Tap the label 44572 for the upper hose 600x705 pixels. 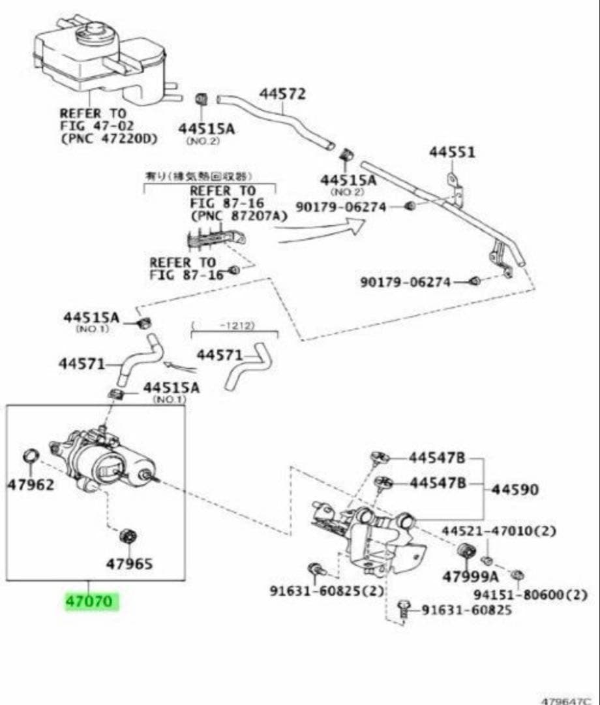pyautogui.click(x=282, y=94)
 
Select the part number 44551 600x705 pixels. pyautogui.click(x=452, y=152)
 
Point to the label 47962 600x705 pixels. pyautogui.click(x=31, y=485)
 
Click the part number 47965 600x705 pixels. pyautogui.click(x=130, y=563)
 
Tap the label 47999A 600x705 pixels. pyautogui.click(x=470, y=577)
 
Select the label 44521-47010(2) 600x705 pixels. pyautogui.click(x=499, y=531)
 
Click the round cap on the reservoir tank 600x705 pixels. pyautogui.click(x=95, y=34)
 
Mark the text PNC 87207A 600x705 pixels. pyautogui.click(x=238, y=215)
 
